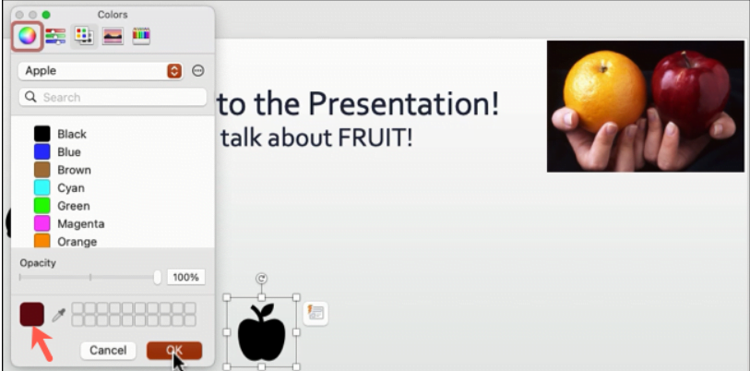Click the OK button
coord(173,350)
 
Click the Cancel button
coord(108,350)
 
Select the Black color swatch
coord(42,134)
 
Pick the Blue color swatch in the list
coord(42,152)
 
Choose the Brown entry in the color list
coord(42,170)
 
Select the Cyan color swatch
coord(42,188)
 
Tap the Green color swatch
coord(42,206)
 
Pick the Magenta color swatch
coord(42,223)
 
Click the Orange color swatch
coord(42,241)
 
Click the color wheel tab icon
coord(27,36)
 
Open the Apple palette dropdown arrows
coord(174,71)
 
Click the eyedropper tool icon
coord(58,316)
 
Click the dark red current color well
coord(31,315)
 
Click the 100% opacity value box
coord(186,277)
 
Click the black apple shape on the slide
coord(261,334)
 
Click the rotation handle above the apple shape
coord(261,278)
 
